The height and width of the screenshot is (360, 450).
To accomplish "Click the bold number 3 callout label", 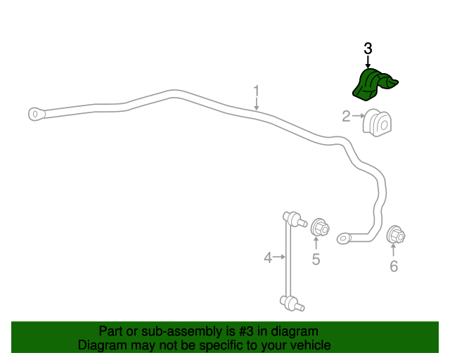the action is pos(368,49).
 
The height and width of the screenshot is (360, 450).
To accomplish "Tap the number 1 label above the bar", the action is pos(256,91).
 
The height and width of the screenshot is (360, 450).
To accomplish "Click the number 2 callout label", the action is pos(347,116).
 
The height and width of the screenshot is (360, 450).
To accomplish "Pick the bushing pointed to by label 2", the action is pos(377,123).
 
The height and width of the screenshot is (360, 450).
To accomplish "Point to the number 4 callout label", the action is pos(268,257).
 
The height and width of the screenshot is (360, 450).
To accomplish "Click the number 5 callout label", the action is pos(316,259).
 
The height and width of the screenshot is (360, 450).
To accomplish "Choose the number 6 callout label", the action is pos(394,266).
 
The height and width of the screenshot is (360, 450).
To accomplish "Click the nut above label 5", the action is pos(320,228).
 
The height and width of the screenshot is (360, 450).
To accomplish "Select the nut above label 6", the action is pos(396,235).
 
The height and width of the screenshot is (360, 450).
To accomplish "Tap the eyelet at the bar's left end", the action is pos(37,115).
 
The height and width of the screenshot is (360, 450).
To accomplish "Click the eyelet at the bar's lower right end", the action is pos(344,238).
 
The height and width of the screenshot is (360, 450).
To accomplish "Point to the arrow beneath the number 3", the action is pos(368,63).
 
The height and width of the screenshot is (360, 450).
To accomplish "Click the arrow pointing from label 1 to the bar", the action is pos(256,104).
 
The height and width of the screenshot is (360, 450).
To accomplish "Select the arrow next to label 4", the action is pos(279,257).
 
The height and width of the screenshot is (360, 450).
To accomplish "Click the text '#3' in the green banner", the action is pos(246,331).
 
